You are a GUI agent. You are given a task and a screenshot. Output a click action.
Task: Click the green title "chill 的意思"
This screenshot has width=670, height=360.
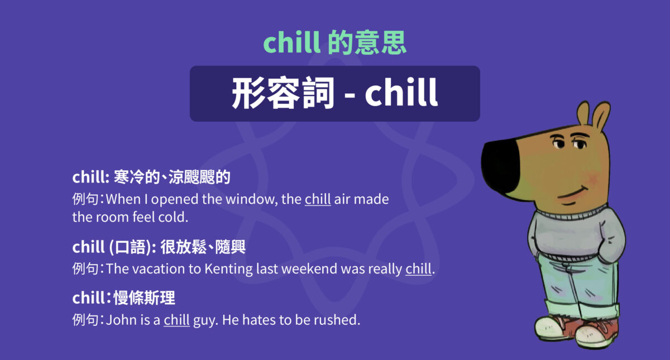(x=334, y=43)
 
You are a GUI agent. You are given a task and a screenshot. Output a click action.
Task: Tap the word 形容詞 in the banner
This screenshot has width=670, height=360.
(x=283, y=94)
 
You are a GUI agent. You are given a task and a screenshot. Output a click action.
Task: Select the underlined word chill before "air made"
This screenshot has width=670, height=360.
(x=318, y=199)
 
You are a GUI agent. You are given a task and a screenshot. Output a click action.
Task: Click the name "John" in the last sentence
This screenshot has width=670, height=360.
(x=119, y=320)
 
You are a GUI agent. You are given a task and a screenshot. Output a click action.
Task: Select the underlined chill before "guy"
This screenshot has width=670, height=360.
(x=176, y=320)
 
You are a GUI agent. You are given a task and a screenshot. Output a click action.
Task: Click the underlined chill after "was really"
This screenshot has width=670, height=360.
(x=419, y=268)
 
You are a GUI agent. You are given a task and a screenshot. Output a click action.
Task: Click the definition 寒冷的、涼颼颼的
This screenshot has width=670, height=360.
(x=172, y=178)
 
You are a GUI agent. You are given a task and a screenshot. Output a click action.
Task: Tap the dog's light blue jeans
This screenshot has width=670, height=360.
(x=575, y=285)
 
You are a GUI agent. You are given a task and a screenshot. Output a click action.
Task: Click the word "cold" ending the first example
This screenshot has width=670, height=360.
(x=190, y=217)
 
